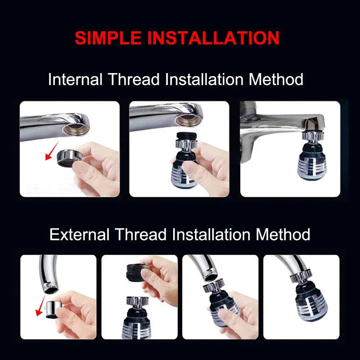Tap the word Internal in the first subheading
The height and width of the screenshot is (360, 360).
75,79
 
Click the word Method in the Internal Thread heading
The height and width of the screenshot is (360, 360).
276,79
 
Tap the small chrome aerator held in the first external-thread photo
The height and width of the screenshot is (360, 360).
54,309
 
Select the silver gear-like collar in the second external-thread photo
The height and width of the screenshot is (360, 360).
136,302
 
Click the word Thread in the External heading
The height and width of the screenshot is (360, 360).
141,235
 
